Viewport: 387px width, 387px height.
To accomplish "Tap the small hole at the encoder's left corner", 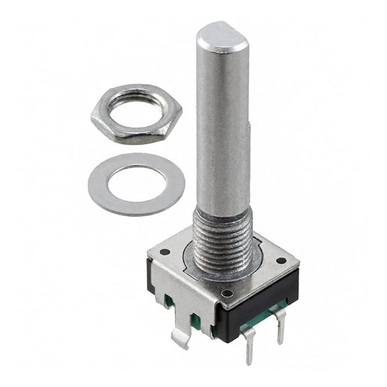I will [164, 252].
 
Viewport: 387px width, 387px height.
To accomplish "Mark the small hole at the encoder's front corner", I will [226, 294].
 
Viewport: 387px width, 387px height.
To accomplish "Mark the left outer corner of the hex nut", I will [92, 117].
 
